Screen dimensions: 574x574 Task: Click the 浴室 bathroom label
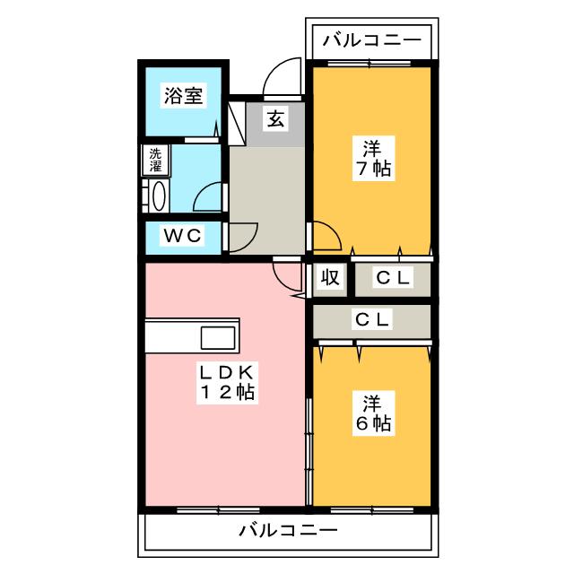click(x=183, y=96)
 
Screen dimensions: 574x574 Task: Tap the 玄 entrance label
click(x=275, y=118)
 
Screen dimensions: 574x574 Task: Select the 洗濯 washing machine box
click(x=155, y=160)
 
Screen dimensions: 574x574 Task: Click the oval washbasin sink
click(x=159, y=196)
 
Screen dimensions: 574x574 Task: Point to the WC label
click(x=182, y=235)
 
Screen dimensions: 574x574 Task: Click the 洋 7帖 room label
click(x=374, y=158)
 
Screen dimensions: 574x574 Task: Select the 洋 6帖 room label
click(x=374, y=413)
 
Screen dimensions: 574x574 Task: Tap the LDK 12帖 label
click(x=227, y=383)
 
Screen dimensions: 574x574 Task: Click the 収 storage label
click(x=330, y=277)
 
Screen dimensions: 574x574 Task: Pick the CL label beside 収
click(x=393, y=278)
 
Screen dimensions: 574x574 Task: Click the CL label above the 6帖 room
click(x=372, y=319)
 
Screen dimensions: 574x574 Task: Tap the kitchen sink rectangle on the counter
click(x=218, y=337)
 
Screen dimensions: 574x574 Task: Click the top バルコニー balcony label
click(x=372, y=40)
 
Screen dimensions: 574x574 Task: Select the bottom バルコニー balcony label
click(x=288, y=530)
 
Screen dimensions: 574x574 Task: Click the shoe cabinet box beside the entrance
click(x=237, y=124)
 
